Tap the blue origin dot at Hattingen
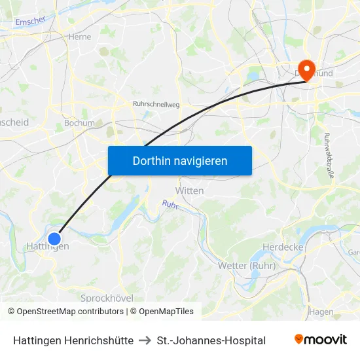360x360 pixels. click(54, 239)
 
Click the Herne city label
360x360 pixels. click(80, 37)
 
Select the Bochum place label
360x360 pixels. click(79, 123)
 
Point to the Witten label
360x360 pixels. click(189, 190)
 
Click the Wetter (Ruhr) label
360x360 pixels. click(246, 265)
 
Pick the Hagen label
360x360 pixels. click(321, 312)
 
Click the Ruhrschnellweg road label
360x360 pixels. click(156, 103)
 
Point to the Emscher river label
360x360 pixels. click(29, 22)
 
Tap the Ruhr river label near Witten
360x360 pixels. click(170, 205)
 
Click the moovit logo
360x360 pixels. click(320, 340)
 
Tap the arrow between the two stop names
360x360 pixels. click(145, 340)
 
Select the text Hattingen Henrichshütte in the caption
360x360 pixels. click(73, 340)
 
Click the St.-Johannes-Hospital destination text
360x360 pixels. click(211, 340)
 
